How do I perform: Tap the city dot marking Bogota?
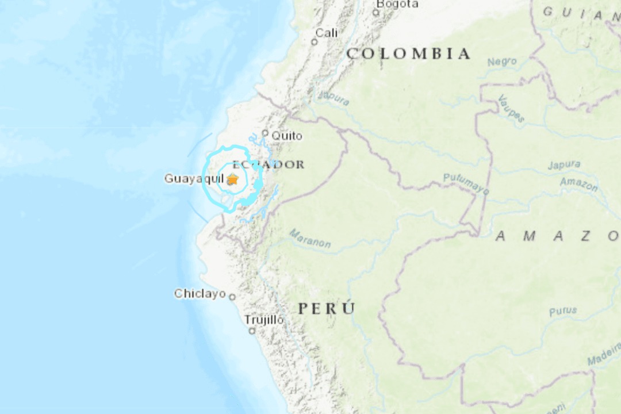pyautogui.click(x=376, y=12)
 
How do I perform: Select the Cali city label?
pyautogui.click(x=327, y=33)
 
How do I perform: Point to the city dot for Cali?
pyautogui.click(x=315, y=42)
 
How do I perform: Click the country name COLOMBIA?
pyautogui.click(x=408, y=54)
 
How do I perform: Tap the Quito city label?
pyautogui.click(x=287, y=136)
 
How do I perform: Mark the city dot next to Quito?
pyautogui.click(x=265, y=133)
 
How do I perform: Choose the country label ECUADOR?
pyautogui.click(x=268, y=164)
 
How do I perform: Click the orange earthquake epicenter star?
pyautogui.click(x=232, y=180)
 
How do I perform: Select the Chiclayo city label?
pyautogui.click(x=200, y=294)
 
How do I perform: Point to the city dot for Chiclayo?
pyautogui.click(x=232, y=297)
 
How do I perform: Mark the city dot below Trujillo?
pyautogui.click(x=252, y=331)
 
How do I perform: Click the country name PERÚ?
pyautogui.click(x=326, y=308)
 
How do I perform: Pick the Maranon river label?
pyautogui.click(x=310, y=239)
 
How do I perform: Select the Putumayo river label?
pyautogui.click(x=466, y=183)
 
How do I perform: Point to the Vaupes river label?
pyautogui.click(x=511, y=108)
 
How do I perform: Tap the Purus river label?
pyautogui.click(x=562, y=311)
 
